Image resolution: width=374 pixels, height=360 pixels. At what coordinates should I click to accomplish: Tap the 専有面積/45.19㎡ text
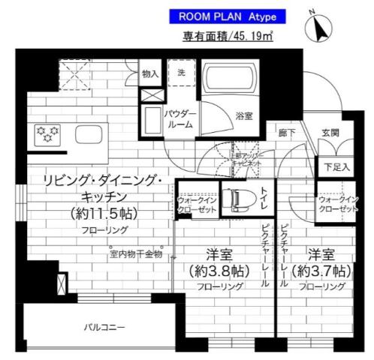point(226,34)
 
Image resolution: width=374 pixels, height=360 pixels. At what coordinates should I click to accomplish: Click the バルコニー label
point(104,327)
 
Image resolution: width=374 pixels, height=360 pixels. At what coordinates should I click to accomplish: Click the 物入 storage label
point(150,74)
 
